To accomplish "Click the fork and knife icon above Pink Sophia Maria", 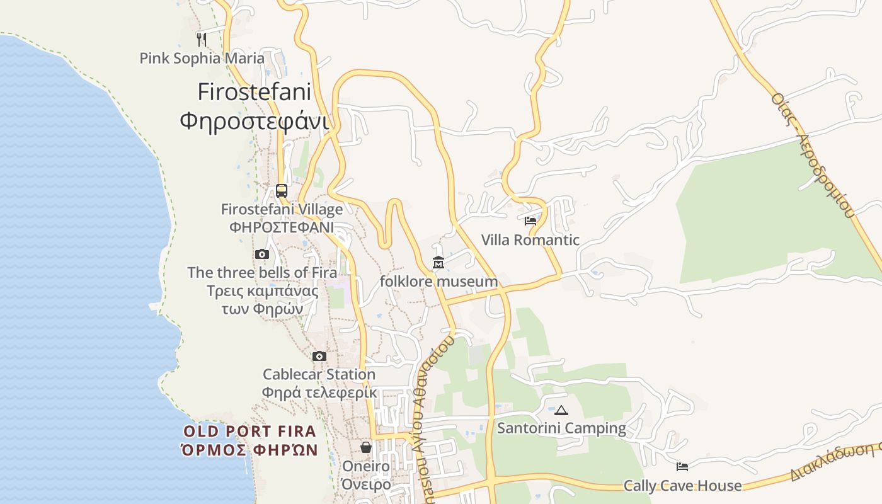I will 202,39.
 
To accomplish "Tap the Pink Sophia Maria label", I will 202,59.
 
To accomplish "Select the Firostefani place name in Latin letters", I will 254,92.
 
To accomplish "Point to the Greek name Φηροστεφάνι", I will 254,120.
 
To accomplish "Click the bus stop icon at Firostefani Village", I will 282,190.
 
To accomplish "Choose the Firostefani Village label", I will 282,209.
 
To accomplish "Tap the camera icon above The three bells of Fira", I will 262,255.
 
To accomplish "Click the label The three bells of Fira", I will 262,273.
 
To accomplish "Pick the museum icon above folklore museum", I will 438,263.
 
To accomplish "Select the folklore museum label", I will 438,282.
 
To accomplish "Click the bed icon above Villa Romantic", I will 530,221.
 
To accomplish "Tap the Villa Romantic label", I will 530,240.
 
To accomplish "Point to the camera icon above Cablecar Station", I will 319,357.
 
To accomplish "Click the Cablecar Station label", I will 319,374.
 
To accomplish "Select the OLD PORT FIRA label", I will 249,432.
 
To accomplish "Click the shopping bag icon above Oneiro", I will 365,447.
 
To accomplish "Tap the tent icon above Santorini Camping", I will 561,410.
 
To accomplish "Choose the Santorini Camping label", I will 561,428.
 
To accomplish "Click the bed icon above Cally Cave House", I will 682,467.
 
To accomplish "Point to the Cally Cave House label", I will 682,486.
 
